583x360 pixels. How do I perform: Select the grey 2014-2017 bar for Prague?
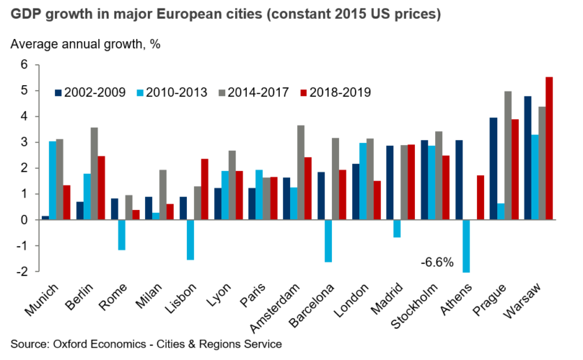tap(508, 156)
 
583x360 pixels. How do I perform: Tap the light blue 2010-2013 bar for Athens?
tap(466, 246)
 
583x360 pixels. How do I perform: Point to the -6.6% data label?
tap(437, 263)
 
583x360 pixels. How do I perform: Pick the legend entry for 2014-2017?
tap(252, 92)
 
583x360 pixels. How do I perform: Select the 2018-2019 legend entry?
tap(333, 92)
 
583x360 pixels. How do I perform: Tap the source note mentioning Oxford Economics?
tap(146, 344)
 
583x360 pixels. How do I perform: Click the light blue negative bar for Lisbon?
tap(190, 239)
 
